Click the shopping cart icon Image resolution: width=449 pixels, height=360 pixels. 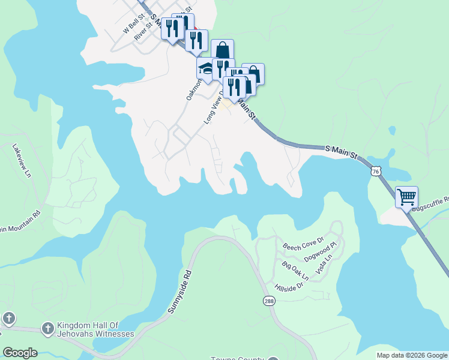pyautogui.click(x=406, y=196)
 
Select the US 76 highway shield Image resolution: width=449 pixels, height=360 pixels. pyautogui.click(x=375, y=170)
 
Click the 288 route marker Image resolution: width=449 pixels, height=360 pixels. pyautogui.click(x=268, y=300)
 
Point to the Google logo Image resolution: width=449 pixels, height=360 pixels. pyautogui.click(x=20, y=353)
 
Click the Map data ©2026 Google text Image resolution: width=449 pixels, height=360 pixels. pyautogui.click(x=412, y=355)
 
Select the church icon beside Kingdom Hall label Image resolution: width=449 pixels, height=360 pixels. pyautogui.click(x=47, y=328)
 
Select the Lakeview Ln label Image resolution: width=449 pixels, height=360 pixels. pyautogui.click(x=22, y=160)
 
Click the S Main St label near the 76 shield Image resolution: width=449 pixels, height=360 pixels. pyautogui.click(x=341, y=151)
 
